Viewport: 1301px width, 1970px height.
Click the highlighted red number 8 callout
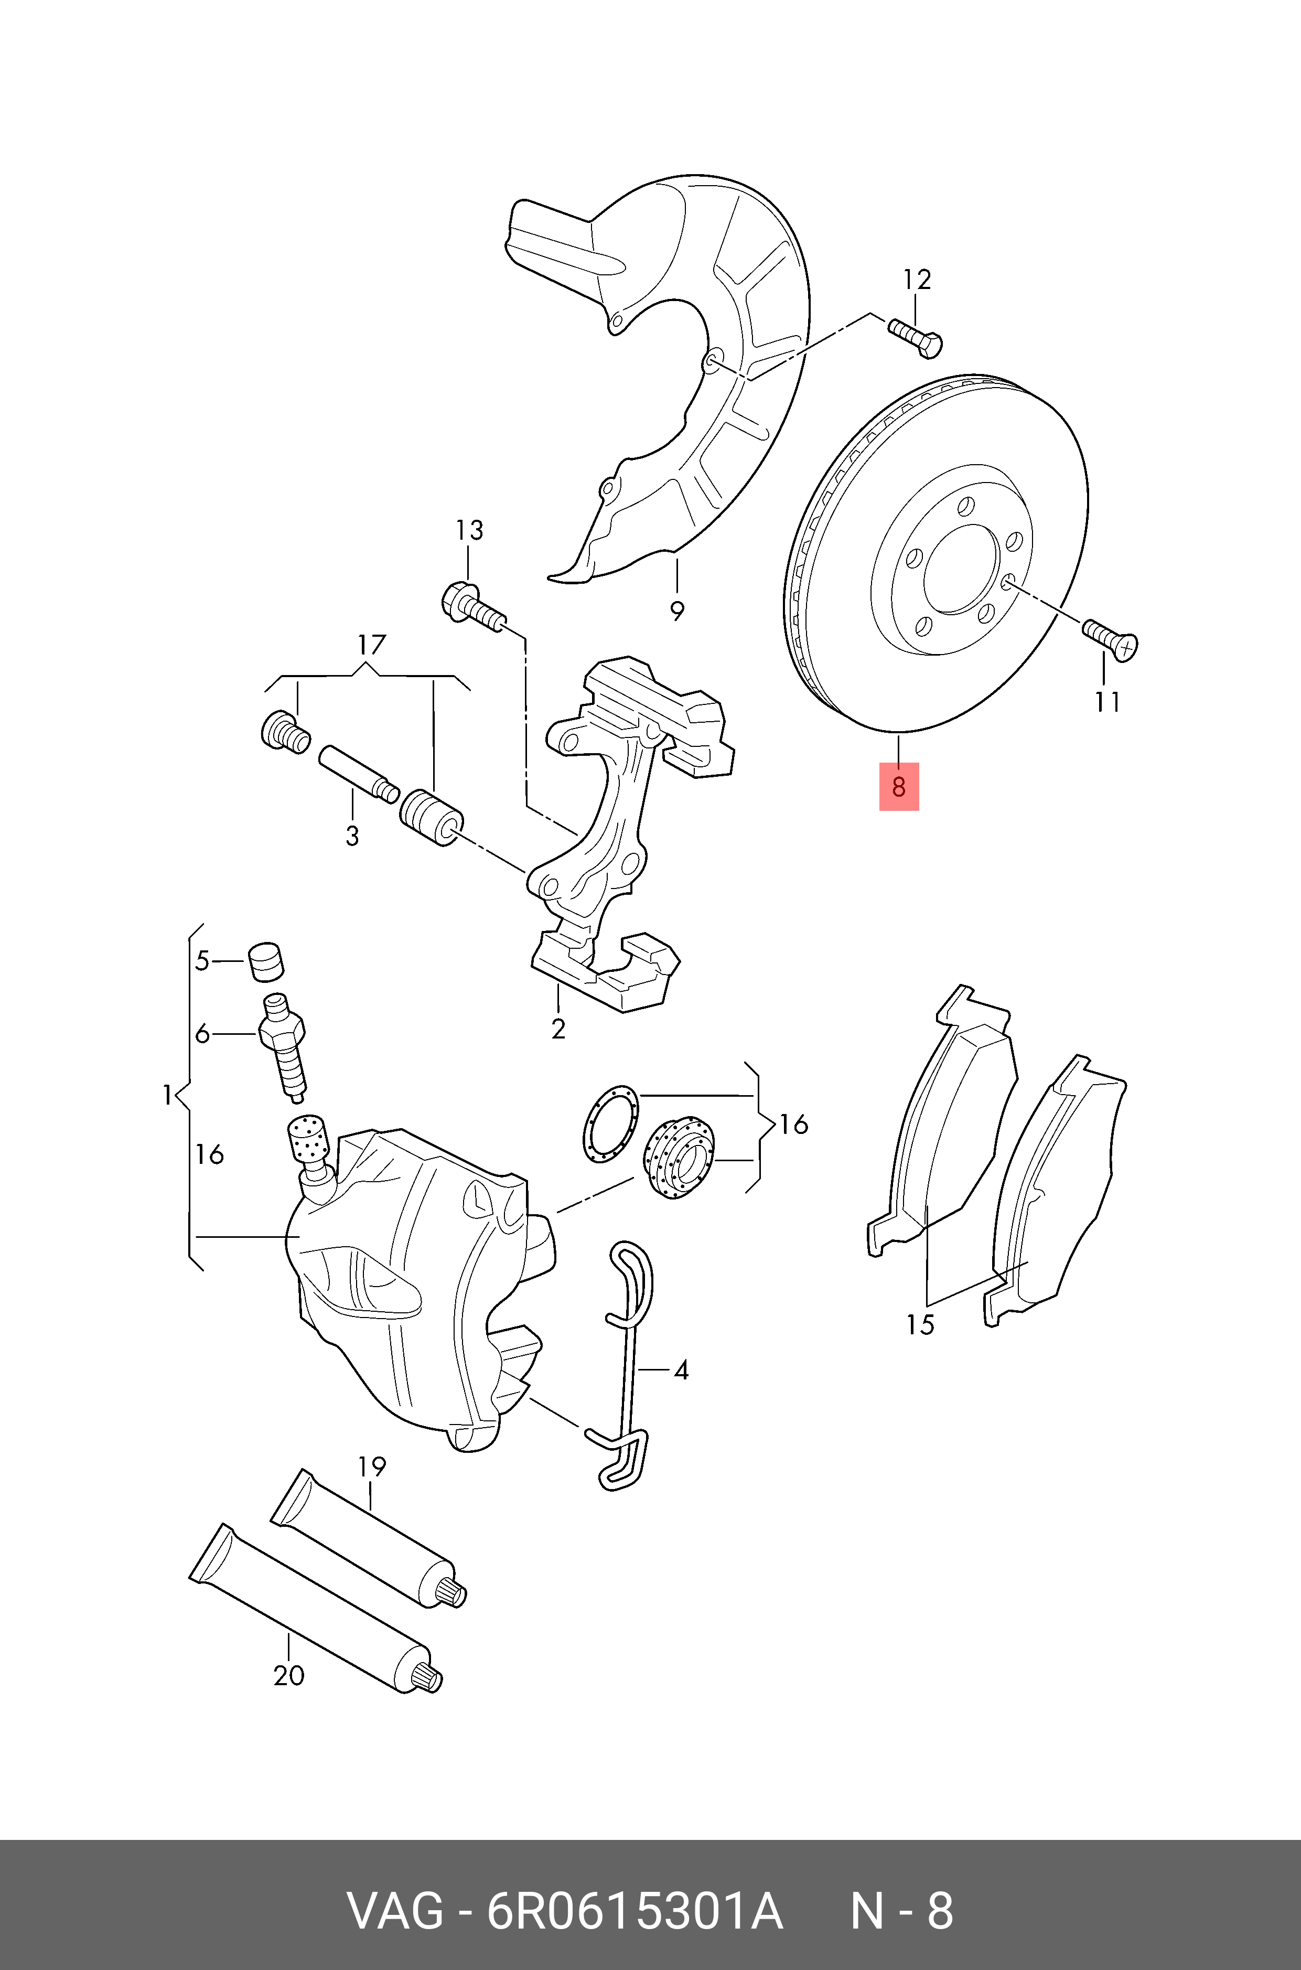(899, 786)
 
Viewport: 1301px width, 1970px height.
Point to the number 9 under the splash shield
(677, 612)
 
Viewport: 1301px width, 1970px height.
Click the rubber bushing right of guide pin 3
(432, 817)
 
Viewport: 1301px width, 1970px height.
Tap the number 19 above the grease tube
(372, 1467)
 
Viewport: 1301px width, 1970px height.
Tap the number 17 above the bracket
(372, 644)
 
